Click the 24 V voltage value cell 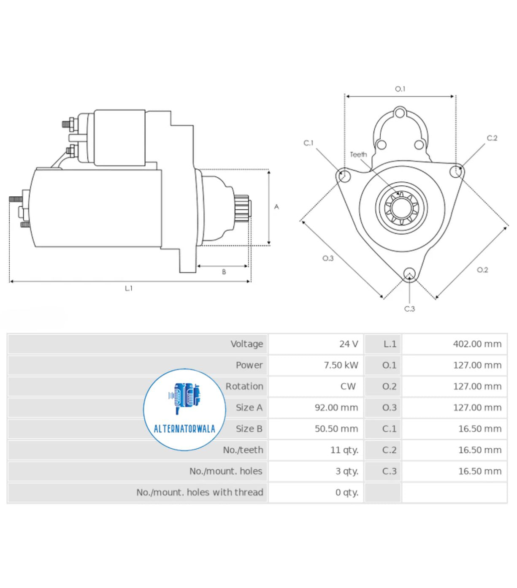(x=348, y=344)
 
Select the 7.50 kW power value (x=341, y=365)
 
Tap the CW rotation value (x=348, y=386)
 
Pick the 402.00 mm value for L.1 (x=477, y=344)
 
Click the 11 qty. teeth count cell (x=344, y=450)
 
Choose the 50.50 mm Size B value (x=336, y=429)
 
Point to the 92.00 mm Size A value (x=336, y=408)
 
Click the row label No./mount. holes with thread (x=200, y=492)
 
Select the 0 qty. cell (x=346, y=492)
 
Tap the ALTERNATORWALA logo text (x=184, y=429)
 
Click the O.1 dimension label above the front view (x=400, y=89)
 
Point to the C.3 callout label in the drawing (x=409, y=309)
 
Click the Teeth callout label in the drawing (x=358, y=154)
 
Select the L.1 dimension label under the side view (x=129, y=288)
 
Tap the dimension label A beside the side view (x=276, y=207)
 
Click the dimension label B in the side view (x=224, y=272)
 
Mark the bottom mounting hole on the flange (x=409, y=274)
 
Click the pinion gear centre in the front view (x=401, y=208)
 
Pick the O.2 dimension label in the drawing (x=482, y=270)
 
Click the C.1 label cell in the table (x=389, y=429)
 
